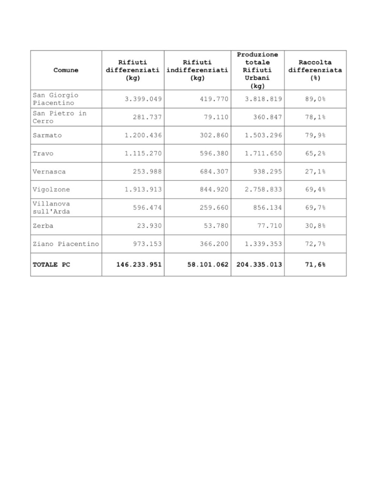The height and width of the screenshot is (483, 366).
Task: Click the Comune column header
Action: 66,70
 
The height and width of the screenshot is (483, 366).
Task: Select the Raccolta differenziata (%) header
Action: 315,70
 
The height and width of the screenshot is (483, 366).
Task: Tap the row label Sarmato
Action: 47,135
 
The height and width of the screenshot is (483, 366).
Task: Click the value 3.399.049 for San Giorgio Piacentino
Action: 143,99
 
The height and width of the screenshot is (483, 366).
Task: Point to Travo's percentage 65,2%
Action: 315,153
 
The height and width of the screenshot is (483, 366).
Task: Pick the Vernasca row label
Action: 49,171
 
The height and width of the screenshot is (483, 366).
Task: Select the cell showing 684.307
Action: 214,171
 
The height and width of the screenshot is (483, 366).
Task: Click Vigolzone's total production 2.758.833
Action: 263,189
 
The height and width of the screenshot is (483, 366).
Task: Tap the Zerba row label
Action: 43,225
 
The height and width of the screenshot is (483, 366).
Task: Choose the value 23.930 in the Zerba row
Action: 149,225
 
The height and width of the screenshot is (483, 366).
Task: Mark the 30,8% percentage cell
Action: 315,225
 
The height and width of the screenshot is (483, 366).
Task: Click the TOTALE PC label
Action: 51,264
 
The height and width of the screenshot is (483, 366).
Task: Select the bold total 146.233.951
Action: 139,264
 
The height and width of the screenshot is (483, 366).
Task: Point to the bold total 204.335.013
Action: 259,264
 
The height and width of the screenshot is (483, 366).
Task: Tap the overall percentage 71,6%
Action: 315,264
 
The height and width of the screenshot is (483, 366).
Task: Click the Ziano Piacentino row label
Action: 66,244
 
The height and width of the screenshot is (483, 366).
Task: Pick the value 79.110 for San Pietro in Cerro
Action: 216,117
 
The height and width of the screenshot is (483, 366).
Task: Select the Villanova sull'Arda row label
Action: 51,207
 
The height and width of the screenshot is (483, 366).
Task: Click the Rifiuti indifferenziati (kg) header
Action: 197,70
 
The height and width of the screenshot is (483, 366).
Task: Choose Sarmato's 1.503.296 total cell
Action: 263,135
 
